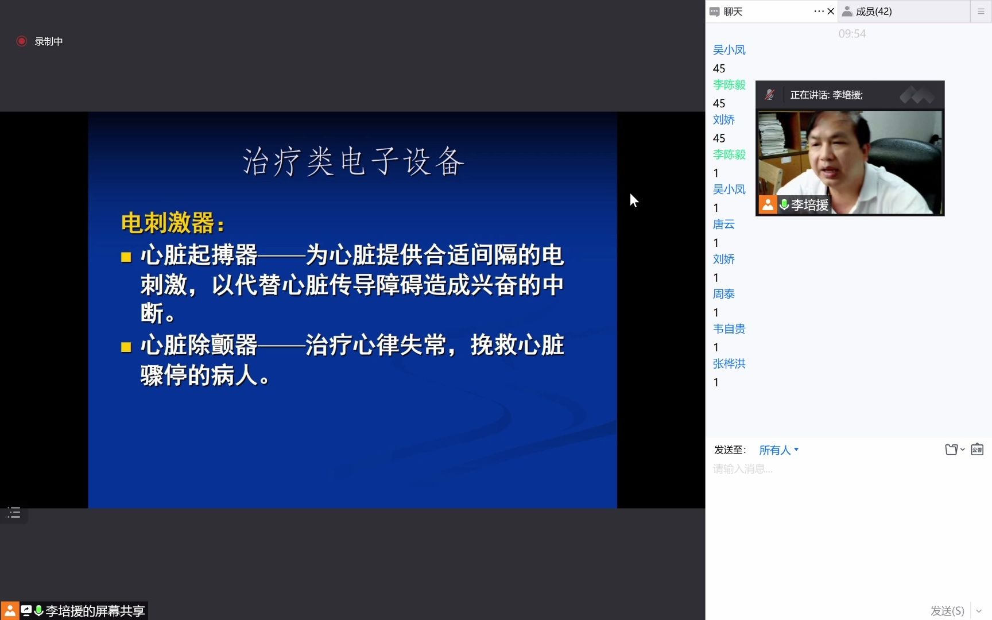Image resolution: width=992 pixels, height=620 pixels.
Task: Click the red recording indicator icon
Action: tap(22, 41)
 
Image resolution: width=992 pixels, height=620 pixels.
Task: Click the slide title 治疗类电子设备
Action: tap(352, 161)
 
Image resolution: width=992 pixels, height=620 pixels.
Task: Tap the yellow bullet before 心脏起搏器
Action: tap(126, 257)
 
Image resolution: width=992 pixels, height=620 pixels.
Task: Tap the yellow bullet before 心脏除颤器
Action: tap(126, 347)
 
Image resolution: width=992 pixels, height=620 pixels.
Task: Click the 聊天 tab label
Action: tap(733, 11)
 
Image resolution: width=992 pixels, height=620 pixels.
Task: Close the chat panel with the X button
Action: tap(831, 11)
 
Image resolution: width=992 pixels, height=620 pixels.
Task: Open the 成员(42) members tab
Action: tap(873, 11)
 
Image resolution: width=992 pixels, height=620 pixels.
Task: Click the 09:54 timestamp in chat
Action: tap(852, 34)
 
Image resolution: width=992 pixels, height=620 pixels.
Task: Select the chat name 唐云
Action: tap(724, 224)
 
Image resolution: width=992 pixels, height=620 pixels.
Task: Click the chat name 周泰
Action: tap(724, 294)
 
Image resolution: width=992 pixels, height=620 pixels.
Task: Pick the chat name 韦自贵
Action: tap(729, 329)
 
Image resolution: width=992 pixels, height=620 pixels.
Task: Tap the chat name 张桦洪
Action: tap(729, 364)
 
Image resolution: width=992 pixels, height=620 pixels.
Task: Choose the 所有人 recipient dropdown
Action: tap(778, 450)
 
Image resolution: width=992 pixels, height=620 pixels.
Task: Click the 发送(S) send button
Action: tap(947, 610)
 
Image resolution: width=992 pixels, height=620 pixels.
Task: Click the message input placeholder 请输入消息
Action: tap(743, 469)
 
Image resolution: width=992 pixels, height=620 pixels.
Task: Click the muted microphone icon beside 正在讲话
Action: tap(770, 95)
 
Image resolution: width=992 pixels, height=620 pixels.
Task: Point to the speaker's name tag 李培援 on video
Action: tap(809, 204)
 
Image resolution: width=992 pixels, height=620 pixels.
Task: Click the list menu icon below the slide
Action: tap(14, 513)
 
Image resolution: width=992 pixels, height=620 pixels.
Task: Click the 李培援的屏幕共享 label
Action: tap(95, 611)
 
